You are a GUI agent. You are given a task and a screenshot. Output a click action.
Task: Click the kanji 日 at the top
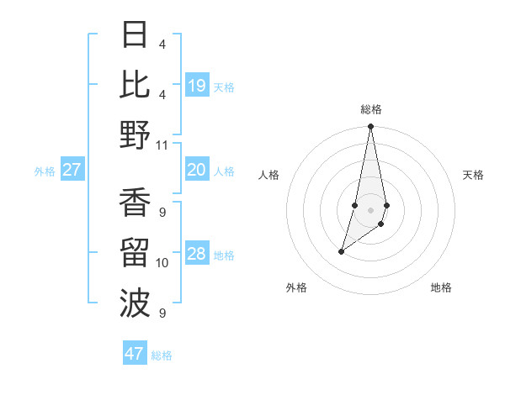(135, 35)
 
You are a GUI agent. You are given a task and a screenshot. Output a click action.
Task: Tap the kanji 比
(135, 84)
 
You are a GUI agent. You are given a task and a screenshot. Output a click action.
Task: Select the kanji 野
(135, 134)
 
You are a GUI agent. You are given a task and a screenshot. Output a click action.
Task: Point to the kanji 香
(135, 203)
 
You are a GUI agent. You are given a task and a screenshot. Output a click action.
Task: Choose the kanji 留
(135, 252)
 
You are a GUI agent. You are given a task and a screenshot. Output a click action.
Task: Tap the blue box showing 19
(197, 85)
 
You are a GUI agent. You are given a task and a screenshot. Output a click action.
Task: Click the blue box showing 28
(197, 254)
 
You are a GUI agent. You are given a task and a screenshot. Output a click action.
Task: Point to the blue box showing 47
(135, 354)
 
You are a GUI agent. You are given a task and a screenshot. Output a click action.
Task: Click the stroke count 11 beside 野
(162, 145)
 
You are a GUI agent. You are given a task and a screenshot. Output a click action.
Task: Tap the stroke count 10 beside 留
(162, 263)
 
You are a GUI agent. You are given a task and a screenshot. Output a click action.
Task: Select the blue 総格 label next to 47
(162, 355)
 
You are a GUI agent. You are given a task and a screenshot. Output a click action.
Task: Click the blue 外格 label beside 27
(45, 171)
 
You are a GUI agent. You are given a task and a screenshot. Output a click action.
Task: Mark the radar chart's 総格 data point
(370, 127)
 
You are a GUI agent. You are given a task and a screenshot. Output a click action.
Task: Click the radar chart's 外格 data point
(341, 251)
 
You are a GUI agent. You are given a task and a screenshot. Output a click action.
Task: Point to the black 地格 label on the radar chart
(441, 287)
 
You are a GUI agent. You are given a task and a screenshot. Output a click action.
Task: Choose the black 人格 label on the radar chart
(269, 175)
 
